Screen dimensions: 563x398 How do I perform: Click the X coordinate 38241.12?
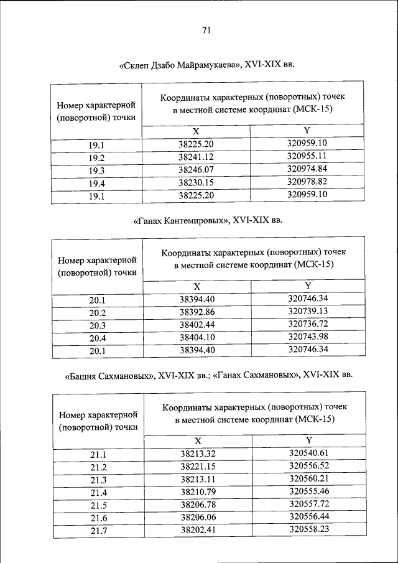coord(196,157)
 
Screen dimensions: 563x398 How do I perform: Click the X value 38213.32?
coord(198,454)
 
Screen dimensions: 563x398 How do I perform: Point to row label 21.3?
coord(99,480)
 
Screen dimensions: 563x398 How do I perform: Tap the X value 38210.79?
coord(198,491)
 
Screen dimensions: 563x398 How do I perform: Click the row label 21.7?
coord(99,530)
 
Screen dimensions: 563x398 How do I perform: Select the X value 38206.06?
coord(198,517)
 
